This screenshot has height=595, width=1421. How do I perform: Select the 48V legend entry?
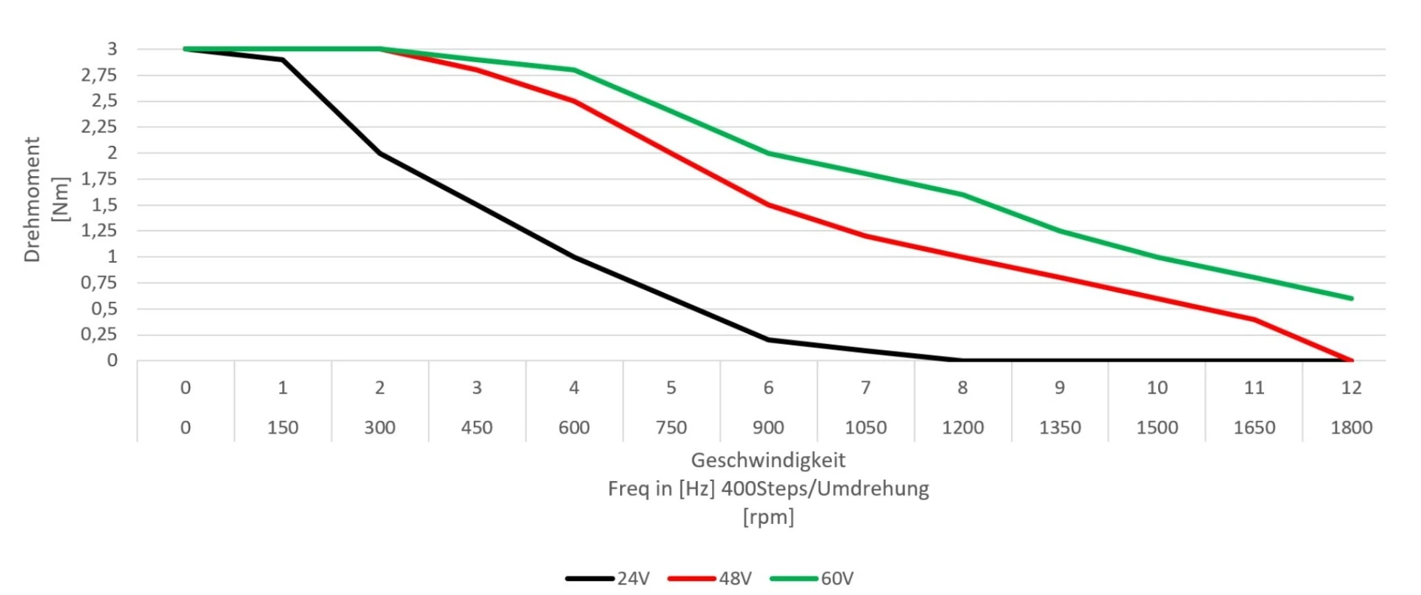[710, 579]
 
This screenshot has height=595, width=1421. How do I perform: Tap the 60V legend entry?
[812, 579]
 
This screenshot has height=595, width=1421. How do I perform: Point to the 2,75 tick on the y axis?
[99, 75]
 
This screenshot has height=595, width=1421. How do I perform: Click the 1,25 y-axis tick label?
[99, 231]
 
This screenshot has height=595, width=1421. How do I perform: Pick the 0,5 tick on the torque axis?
[104, 309]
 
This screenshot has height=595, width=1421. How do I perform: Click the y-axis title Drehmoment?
[32, 199]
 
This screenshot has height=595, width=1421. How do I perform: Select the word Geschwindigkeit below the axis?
[767, 460]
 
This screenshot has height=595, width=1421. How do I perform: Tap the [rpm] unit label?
[768, 517]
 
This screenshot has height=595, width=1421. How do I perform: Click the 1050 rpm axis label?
[865, 428]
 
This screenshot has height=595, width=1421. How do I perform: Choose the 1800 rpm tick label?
[1351, 428]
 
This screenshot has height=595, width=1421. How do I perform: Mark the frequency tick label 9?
[1060, 388]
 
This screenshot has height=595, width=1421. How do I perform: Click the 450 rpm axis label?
[477, 428]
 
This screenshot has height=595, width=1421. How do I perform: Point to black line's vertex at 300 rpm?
[380, 153]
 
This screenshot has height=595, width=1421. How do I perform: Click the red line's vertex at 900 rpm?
[768, 205]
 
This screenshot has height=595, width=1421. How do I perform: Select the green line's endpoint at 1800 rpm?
[1351, 298]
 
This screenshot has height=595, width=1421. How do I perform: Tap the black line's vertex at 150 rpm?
[283, 60]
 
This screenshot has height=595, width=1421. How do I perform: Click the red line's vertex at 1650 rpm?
[1254, 320]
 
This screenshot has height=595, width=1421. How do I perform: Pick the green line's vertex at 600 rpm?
[574, 70]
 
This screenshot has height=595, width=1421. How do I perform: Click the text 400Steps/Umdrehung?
[825, 488]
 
